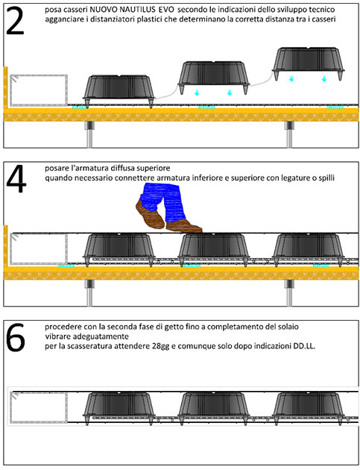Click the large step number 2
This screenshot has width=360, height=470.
click(15, 20)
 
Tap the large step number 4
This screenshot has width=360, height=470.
click(16, 178)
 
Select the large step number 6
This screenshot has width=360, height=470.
click(16, 337)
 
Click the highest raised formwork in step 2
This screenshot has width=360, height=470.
click(308, 63)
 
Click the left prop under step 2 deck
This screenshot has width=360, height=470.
click(89, 134)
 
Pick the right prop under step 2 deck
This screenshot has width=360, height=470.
click(289, 134)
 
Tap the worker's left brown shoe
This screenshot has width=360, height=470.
click(150, 215)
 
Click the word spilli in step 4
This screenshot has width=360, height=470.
click(326, 178)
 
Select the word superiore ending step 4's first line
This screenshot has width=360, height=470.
click(155, 168)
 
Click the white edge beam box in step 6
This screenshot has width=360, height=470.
click(39, 408)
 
